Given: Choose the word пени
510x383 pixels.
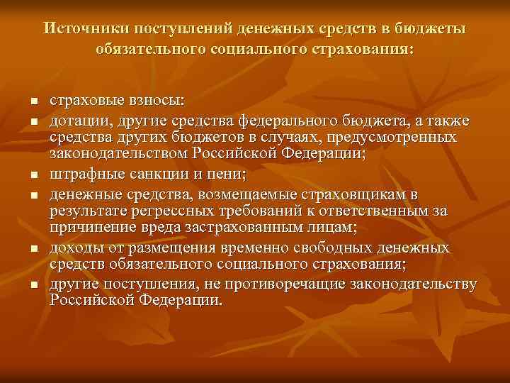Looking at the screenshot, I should tap(227, 173).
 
